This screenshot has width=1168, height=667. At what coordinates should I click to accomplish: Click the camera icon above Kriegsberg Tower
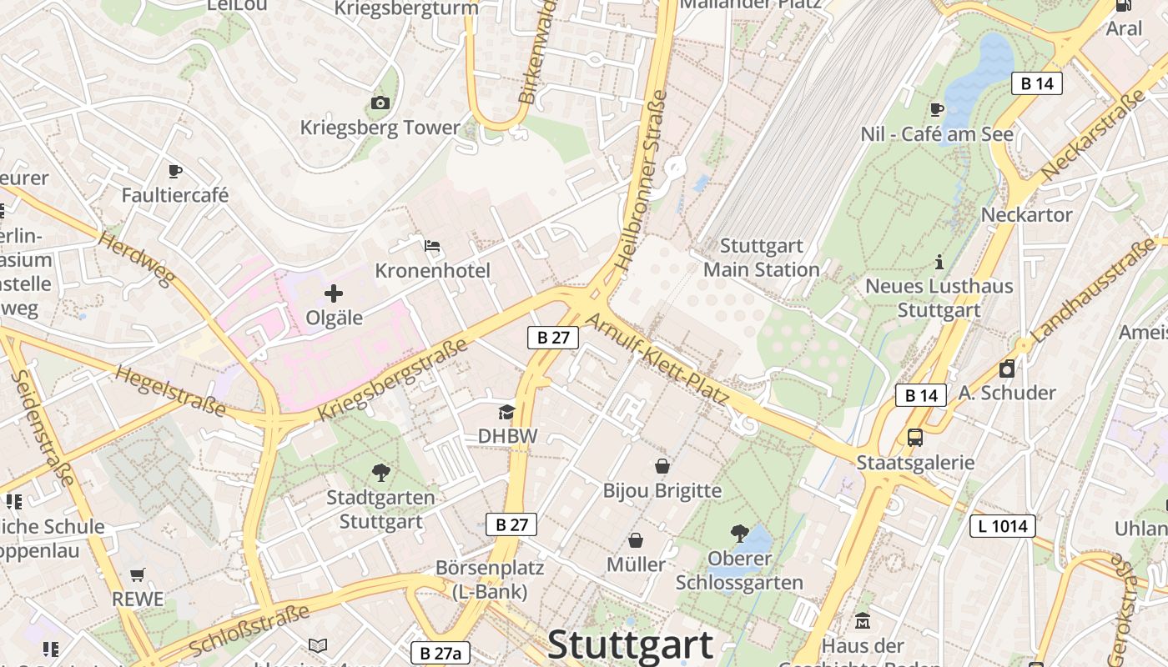pyautogui.click(x=380, y=103)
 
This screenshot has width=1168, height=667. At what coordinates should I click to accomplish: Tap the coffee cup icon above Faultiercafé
pyautogui.click(x=174, y=171)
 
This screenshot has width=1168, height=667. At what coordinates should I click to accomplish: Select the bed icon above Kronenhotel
pyautogui.click(x=432, y=246)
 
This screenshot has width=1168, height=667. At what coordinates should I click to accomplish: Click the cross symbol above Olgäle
pyautogui.click(x=334, y=293)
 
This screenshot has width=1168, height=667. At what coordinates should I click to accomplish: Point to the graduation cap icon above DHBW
pyautogui.click(x=506, y=412)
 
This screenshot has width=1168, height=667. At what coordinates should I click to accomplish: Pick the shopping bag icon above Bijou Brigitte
pyautogui.click(x=662, y=465)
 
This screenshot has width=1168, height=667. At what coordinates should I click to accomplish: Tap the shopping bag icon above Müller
pyautogui.click(x=636, y=540)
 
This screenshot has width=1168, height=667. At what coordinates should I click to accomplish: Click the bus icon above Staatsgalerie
pyautogui.click(x=915, y=437)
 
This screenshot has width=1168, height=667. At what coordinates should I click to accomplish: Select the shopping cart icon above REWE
pyautogui.click(x=138, y=574)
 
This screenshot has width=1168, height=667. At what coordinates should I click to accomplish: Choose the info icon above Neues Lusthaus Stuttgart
pyautogui.click(x=939, y=262)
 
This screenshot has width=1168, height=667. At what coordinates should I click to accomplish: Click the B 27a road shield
pyautogui.click(x=441, y=653)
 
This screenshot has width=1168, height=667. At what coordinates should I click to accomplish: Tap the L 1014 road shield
pyautogui.click(x=1002, y=526)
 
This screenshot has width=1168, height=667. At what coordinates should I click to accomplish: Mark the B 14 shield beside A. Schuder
pyautogui.click(x=921, y=394)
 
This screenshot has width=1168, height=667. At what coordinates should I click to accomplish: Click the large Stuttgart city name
pyautogui.click(x=630, y=644)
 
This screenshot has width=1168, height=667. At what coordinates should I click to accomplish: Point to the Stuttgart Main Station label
pyautogui.click(x=761, y=258)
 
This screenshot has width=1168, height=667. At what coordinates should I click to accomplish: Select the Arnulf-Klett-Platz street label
pyautogui.click(x=657, y=361)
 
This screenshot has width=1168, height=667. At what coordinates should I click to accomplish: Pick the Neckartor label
pyautogui.click(x=1026, y=214)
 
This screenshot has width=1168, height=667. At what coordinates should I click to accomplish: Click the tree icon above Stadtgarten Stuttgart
pyautogui.click(x=380, y=473)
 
